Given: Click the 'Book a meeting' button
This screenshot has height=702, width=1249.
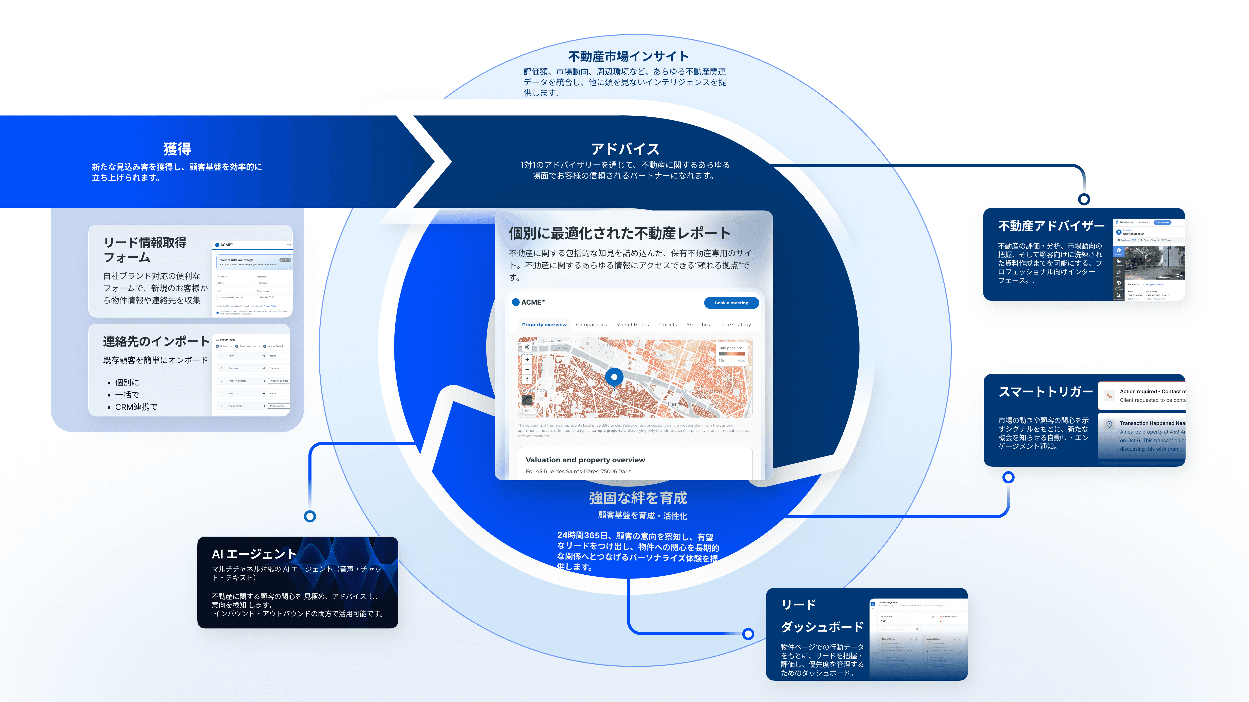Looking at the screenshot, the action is (731, 303).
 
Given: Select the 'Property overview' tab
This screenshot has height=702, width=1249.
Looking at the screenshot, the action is (544, 325).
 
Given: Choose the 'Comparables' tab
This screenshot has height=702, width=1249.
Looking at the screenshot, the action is (591, 325).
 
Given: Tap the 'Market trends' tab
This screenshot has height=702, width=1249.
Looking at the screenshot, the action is (632, 325).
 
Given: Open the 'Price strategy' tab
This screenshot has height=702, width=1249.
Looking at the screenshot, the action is (735, 325).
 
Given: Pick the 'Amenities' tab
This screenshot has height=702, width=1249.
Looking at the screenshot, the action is (698, 325).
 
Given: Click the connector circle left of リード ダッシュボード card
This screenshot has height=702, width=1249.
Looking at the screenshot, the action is (748, 634).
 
